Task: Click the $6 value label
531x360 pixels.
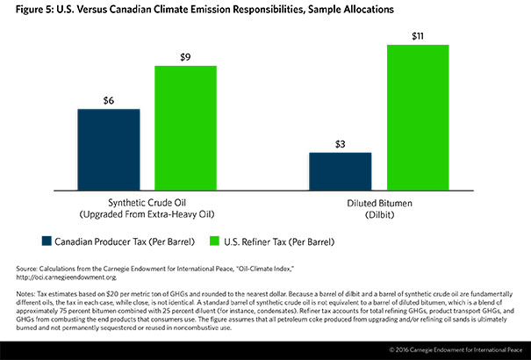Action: pyautogui.click(x=109, y=99)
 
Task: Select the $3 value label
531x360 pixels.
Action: pyautogui.click(x=340, y=143)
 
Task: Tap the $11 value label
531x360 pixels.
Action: pyautogui.click(x=417, y=36)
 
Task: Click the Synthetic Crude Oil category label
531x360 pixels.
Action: pyautogui.click(x=147, y=201)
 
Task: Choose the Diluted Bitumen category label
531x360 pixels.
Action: pyautogui.click(x=378, y=201)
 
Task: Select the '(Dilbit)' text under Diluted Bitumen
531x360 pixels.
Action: pyautogui.click(x=378, y=213)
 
